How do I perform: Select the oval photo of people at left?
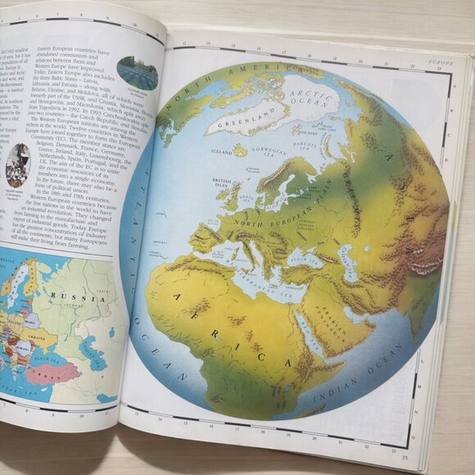coord(18,165)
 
